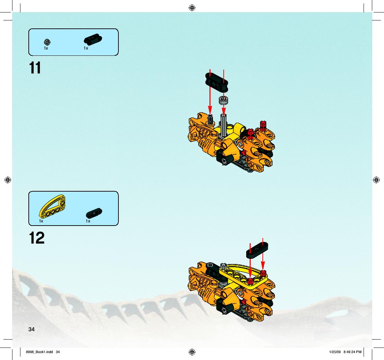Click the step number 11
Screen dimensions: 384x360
(35, 68)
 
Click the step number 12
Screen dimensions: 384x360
(37, 238)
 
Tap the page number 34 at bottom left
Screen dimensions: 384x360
(32, 330)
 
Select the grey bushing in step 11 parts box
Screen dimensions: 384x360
(47, 42)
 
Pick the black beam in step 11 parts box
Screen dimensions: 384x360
(93, 39)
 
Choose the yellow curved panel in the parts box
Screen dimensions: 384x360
(52, 206)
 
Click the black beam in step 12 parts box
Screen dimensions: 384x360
(94, 213)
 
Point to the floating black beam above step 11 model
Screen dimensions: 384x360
(216, 82)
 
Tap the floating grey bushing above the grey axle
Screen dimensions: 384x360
(223, 100)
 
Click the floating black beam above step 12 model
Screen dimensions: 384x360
(257, 250)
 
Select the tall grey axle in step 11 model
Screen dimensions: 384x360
(223, 125)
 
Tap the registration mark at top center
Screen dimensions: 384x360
(192, 8)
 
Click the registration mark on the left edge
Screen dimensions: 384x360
(8, 180)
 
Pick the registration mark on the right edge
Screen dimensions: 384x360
(376, 180)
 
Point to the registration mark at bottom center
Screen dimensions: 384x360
(192, 352)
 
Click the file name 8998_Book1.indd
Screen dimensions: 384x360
(39, 352)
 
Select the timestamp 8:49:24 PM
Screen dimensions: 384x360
(352, 352)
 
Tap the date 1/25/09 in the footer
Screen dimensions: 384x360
(335, 352)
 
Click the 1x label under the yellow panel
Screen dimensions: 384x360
(41, 221)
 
